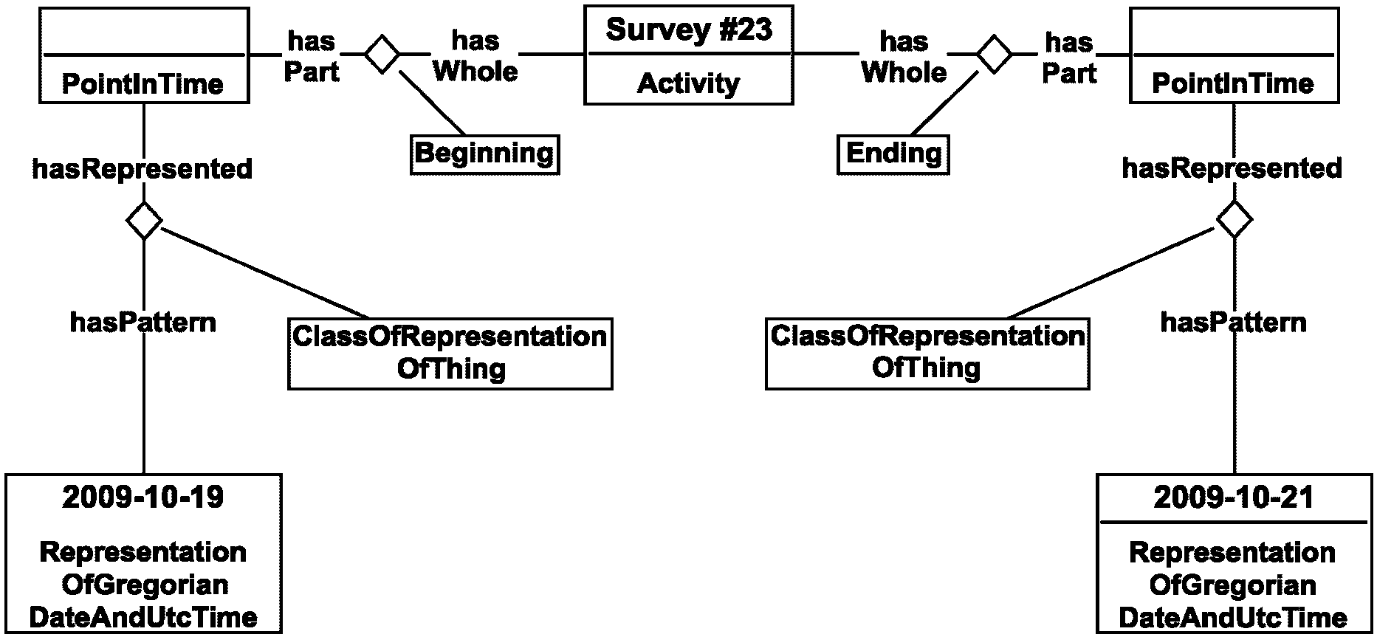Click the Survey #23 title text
click(689, 30)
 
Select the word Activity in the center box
click(689, 83)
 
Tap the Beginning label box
click(484, 154)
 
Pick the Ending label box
click(893, 154)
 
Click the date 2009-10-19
click(143, 497)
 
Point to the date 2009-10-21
click(1234, 497)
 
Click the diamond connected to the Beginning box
click(382, 54)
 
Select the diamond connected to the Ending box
click(994, 54)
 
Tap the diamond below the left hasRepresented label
click(144, 219)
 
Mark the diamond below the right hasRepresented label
click(1235, 219)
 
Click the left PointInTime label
click(142, 83)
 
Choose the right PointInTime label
click(1233, 83)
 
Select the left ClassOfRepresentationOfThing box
click(450, 354)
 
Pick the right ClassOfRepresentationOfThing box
click(927, 354)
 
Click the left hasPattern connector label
click(143, 323)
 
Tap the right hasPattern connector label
click(1234, 323)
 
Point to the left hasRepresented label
click(142, 169)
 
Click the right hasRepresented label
click(1232, 169)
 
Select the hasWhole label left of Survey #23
click(475, 56)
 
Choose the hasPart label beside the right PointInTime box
click(1069, 58)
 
